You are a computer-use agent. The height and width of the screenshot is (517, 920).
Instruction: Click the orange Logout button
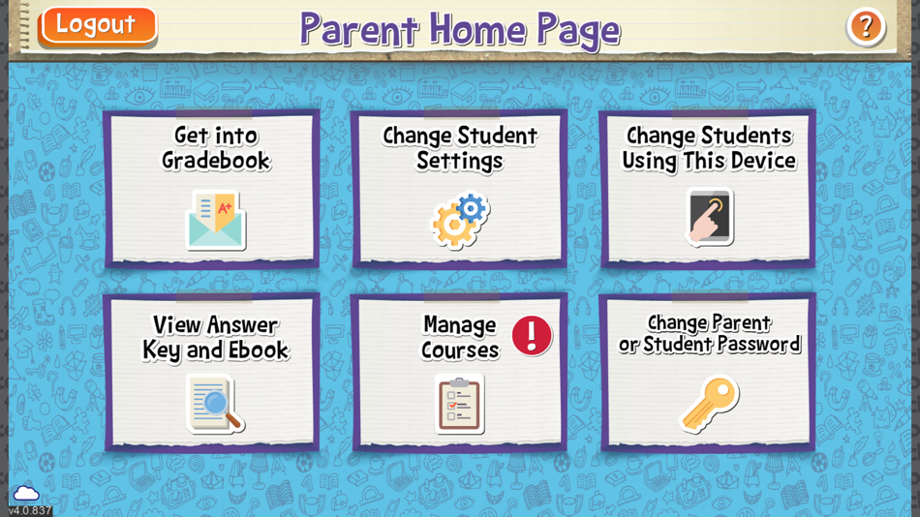pos(98,26)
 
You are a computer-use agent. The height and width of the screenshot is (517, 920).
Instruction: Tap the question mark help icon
pos(866,26)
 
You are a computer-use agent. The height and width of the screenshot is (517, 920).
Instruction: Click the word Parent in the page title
pos(359,29)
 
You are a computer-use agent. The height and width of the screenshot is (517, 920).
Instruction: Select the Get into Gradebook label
pos(216,148)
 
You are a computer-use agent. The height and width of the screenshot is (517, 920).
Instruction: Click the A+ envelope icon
pos(215,220)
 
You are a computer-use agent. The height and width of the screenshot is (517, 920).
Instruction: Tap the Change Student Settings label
pos(460,148)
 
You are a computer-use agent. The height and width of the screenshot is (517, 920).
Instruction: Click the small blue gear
pos(472,209)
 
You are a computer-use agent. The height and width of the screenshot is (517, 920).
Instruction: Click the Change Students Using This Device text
pos(709,148)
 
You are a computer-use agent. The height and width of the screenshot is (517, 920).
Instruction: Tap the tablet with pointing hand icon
pos(709,216)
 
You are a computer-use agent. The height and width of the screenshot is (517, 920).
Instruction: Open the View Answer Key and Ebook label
pos(216,338)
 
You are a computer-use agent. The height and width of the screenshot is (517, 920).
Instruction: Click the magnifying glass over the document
pos(219,406)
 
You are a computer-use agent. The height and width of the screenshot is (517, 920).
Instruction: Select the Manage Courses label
pos(460,338)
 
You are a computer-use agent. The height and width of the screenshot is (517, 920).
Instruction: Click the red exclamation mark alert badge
pos(532,335)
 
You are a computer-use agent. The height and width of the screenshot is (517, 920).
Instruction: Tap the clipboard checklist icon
pos(460,405)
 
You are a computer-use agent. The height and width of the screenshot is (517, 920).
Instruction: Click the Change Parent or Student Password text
pos(709,333)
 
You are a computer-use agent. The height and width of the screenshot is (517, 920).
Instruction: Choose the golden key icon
pos(709,403)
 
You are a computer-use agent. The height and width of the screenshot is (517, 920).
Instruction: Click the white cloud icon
pos(26,494)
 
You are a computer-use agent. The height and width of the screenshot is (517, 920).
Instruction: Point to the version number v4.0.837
pos(29,510)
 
